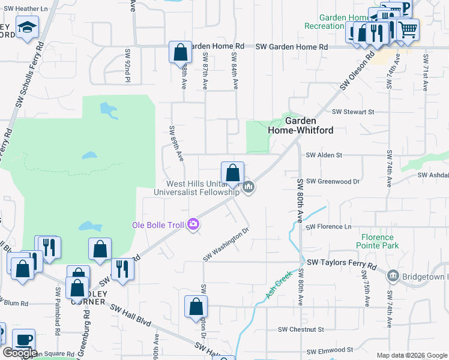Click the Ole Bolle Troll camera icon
click(193, 224)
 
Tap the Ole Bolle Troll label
click(159, 226)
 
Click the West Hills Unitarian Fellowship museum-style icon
click(249, 188)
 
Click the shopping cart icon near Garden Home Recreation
click(408, 28)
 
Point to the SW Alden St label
click(324, 155)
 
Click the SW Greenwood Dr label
click(332, 181)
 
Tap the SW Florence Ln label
click(328, 227)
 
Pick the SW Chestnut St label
click(301, 329)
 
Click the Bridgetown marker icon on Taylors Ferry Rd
click(393, 275)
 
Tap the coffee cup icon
click(24, 340)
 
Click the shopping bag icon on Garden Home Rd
click(180, 52)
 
